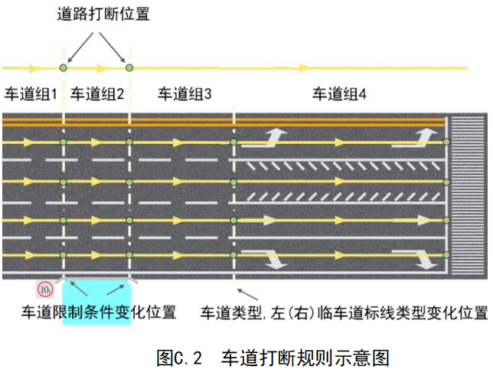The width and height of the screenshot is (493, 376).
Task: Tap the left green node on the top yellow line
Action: (64, 68)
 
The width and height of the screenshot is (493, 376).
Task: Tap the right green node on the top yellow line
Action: (129, 68)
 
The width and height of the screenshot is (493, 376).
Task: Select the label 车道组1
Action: (31, 94)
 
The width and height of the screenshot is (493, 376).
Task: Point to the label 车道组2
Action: (97, 94)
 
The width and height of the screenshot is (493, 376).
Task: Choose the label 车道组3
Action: (184, 94)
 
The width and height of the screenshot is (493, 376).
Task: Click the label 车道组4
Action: (340, 94)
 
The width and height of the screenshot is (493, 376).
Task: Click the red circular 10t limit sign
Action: (45, 289)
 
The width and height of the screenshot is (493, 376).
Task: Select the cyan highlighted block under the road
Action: (96, 302)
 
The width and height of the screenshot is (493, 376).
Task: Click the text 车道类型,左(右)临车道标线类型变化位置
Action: (344, 312)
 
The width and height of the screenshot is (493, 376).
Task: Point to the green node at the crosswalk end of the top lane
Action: (446, 142)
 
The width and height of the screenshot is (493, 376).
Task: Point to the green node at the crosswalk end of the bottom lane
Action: (446, 254)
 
